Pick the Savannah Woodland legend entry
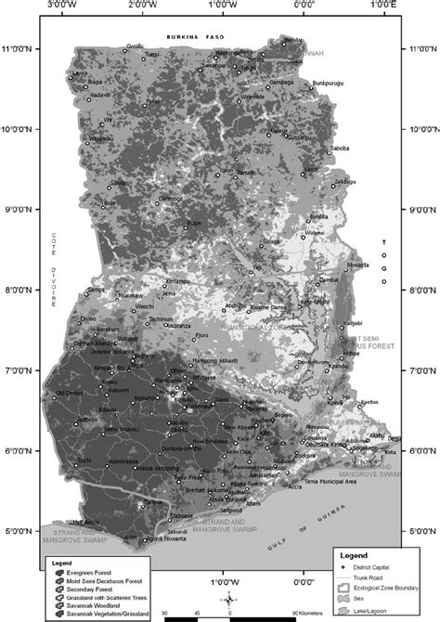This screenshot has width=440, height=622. pyautogui.click(x=99, y=603)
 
